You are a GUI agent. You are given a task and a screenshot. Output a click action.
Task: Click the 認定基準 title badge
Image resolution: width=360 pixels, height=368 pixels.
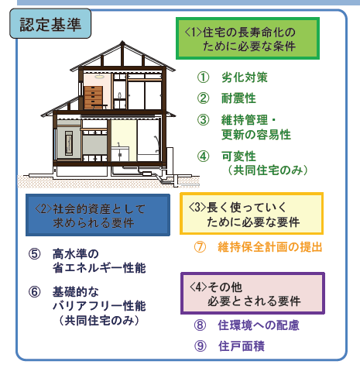(x=50, y=24)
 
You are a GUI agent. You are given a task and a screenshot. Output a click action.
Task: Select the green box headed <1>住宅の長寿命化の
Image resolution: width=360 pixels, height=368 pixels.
(x=248, y=39)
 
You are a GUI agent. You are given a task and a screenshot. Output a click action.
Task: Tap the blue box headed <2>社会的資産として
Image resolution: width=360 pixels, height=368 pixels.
(x=98, y=215)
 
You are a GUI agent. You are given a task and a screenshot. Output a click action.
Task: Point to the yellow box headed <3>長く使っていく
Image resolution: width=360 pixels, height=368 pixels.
(x=252, y=214)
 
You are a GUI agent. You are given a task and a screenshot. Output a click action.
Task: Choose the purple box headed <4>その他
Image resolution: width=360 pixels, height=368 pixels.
(x=252, y=293)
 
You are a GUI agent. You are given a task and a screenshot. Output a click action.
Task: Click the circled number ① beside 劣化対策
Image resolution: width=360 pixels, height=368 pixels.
(x=203, y=77)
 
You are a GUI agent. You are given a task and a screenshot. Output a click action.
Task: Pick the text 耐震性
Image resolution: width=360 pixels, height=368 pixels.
(x=238, y=98)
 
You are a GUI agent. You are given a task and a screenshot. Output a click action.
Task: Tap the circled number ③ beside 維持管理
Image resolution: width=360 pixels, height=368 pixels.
(x=203, y=120)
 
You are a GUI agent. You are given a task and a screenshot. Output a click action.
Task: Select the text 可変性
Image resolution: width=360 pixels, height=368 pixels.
(x=238, y=156)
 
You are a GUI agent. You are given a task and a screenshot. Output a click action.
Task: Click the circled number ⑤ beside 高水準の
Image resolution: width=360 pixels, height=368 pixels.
(x=35, y=254)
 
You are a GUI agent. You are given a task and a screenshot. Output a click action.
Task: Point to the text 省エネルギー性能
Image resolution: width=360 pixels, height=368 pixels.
(x=99, y=268)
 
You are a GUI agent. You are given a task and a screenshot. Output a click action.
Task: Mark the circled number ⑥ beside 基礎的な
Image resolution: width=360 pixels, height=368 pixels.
(x=35, y=292)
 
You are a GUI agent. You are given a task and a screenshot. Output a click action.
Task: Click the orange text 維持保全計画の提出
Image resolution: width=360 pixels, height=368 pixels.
(x=270, y=247)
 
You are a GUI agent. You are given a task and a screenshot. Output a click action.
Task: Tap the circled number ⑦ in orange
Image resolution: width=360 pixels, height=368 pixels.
(x=200, y=247)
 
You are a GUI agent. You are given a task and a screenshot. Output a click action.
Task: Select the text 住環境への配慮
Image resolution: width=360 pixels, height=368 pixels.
(x=259, y=325)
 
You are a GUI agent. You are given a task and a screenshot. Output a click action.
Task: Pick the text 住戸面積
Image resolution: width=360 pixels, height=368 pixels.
(x=242, y=346)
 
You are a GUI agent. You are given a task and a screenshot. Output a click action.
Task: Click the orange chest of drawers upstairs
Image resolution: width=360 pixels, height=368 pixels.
(x=93, y=98)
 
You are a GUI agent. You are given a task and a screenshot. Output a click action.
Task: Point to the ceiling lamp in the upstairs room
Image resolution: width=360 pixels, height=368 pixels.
(x=99, y=76)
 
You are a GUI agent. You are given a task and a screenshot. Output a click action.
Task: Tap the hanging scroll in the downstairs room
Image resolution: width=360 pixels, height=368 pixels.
(x=69, y=143)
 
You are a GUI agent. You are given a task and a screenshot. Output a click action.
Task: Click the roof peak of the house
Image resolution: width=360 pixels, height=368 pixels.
(x=122, y=42)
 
